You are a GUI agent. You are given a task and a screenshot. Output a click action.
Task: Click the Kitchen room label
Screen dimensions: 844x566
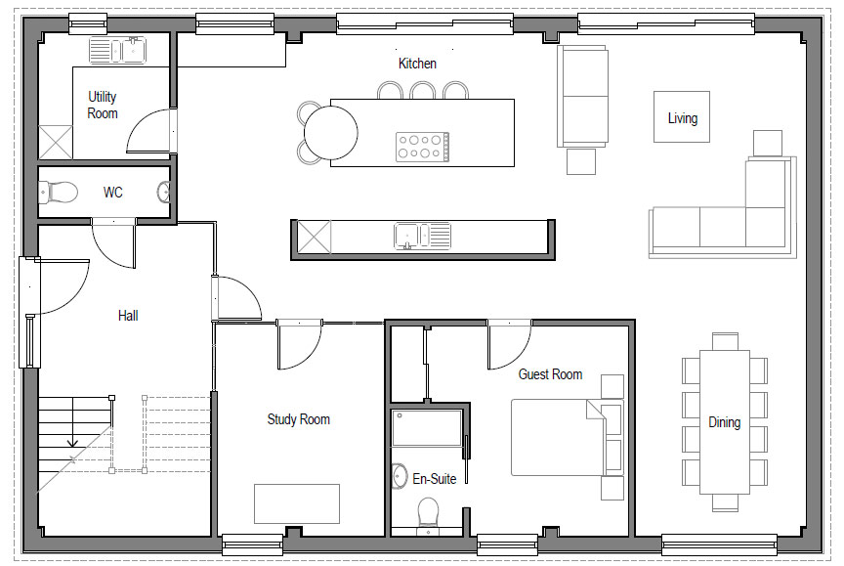pyautogui.click(x=417, y=64)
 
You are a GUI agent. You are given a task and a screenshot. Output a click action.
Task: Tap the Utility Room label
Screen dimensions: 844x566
pyautogui.click(x=103, y=105)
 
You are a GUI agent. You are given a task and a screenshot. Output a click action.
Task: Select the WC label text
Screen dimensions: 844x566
pyautogui.click(x=113, y=193)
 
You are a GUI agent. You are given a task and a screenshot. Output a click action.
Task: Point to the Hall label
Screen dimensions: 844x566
pyautogui.click(x=128, y=316)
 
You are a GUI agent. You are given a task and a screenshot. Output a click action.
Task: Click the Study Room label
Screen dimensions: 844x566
pyautogui.click(x=299, y=419)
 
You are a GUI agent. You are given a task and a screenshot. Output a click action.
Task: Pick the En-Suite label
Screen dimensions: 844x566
pyautogui.click(x=435, y=479)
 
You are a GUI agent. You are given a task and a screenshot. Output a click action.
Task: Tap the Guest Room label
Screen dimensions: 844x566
pyautogui.click(x=550, y=374)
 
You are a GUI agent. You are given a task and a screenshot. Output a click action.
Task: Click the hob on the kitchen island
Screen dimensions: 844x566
pyautogui.click(x=423, y=147)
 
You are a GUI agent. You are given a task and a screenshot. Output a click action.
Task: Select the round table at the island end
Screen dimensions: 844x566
pyautogui.click(x=330, y=133)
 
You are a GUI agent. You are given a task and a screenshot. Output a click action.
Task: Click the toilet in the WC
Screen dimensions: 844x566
pyautogui.click(x=59, y=193)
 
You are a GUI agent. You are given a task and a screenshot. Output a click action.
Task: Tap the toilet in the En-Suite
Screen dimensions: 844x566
pyautogui.click(x=429, y=512)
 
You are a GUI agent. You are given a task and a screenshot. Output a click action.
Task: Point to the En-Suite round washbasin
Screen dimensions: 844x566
pyautogui.click(x=400, y=476)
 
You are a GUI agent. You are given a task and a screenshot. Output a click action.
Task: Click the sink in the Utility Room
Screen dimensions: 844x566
pyautogui.click(x=117, y=50)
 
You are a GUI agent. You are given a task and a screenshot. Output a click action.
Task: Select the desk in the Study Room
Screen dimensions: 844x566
pyautogui.click(x=297, y=503)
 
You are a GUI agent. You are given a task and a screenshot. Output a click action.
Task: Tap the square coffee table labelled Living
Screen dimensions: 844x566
pyautogui.click(x=682, y=117)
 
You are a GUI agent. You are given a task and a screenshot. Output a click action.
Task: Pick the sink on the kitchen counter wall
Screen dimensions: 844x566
pyautogui.click(x=423, y=237)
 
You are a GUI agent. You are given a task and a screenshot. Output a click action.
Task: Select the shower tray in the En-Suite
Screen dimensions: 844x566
pyautogui.click(x=427, y=428)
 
